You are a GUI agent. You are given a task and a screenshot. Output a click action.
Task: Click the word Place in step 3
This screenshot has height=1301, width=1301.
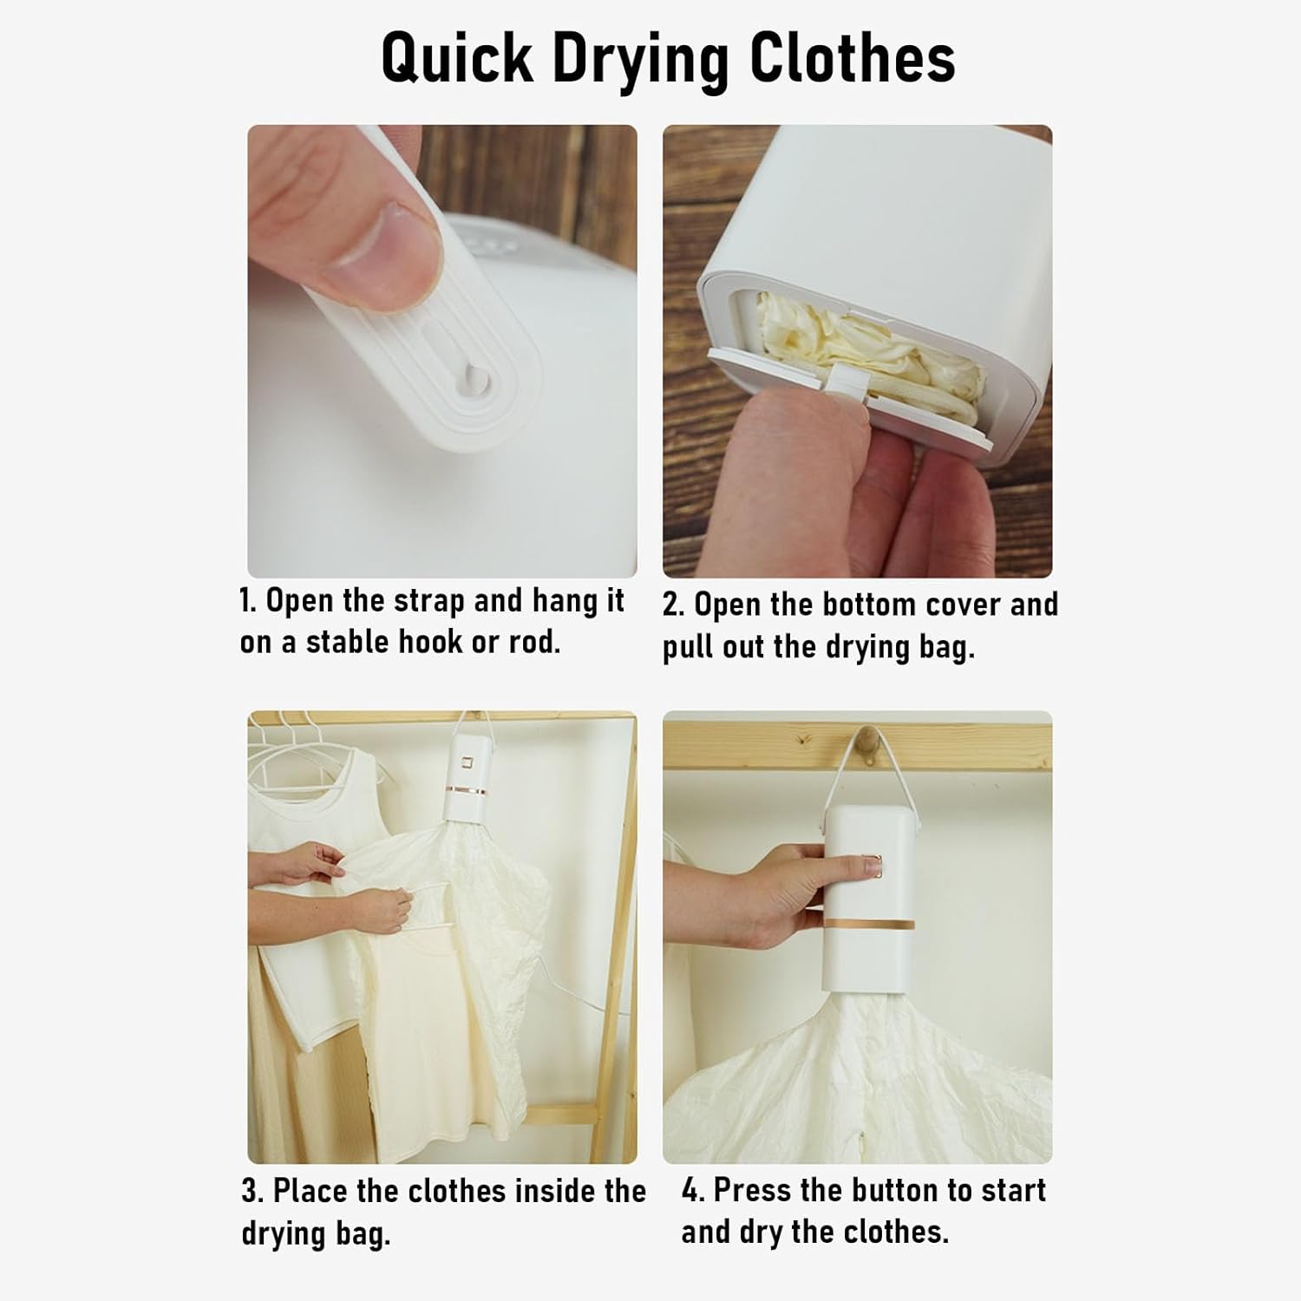311,1192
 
